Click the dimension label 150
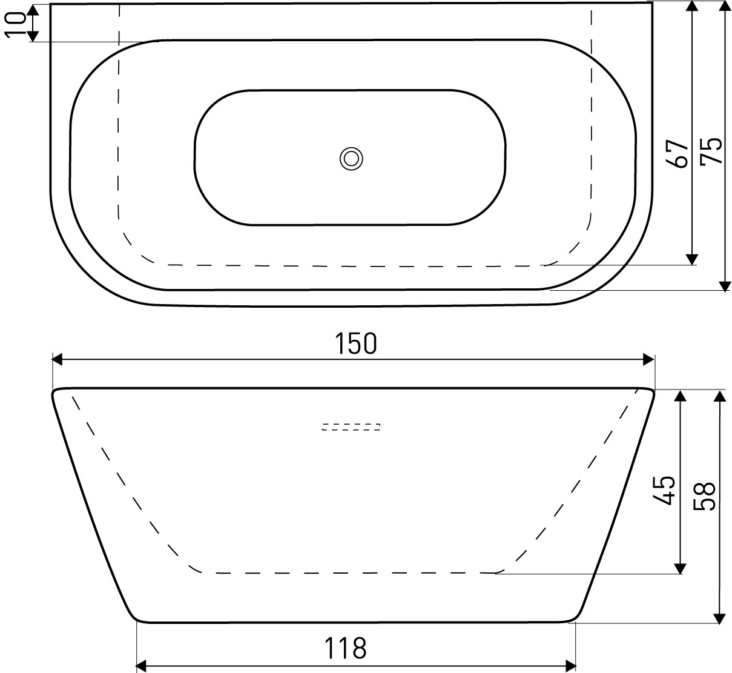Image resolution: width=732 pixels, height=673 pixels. click(355, 343)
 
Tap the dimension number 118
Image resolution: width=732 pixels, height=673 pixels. click(345, 648)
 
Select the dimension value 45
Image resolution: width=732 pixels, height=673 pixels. click(664, 491)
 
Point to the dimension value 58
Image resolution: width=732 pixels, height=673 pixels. click(704, 496)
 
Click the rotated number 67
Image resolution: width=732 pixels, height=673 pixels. click(677, 154)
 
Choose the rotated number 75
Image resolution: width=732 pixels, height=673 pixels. click(711, 151)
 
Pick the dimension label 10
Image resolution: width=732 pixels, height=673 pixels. click(15, 24)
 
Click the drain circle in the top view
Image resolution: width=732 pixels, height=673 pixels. click(351, 159)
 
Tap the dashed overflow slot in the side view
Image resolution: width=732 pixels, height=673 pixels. click(351, 427)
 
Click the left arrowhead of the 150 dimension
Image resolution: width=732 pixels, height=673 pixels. click(57, 359)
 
